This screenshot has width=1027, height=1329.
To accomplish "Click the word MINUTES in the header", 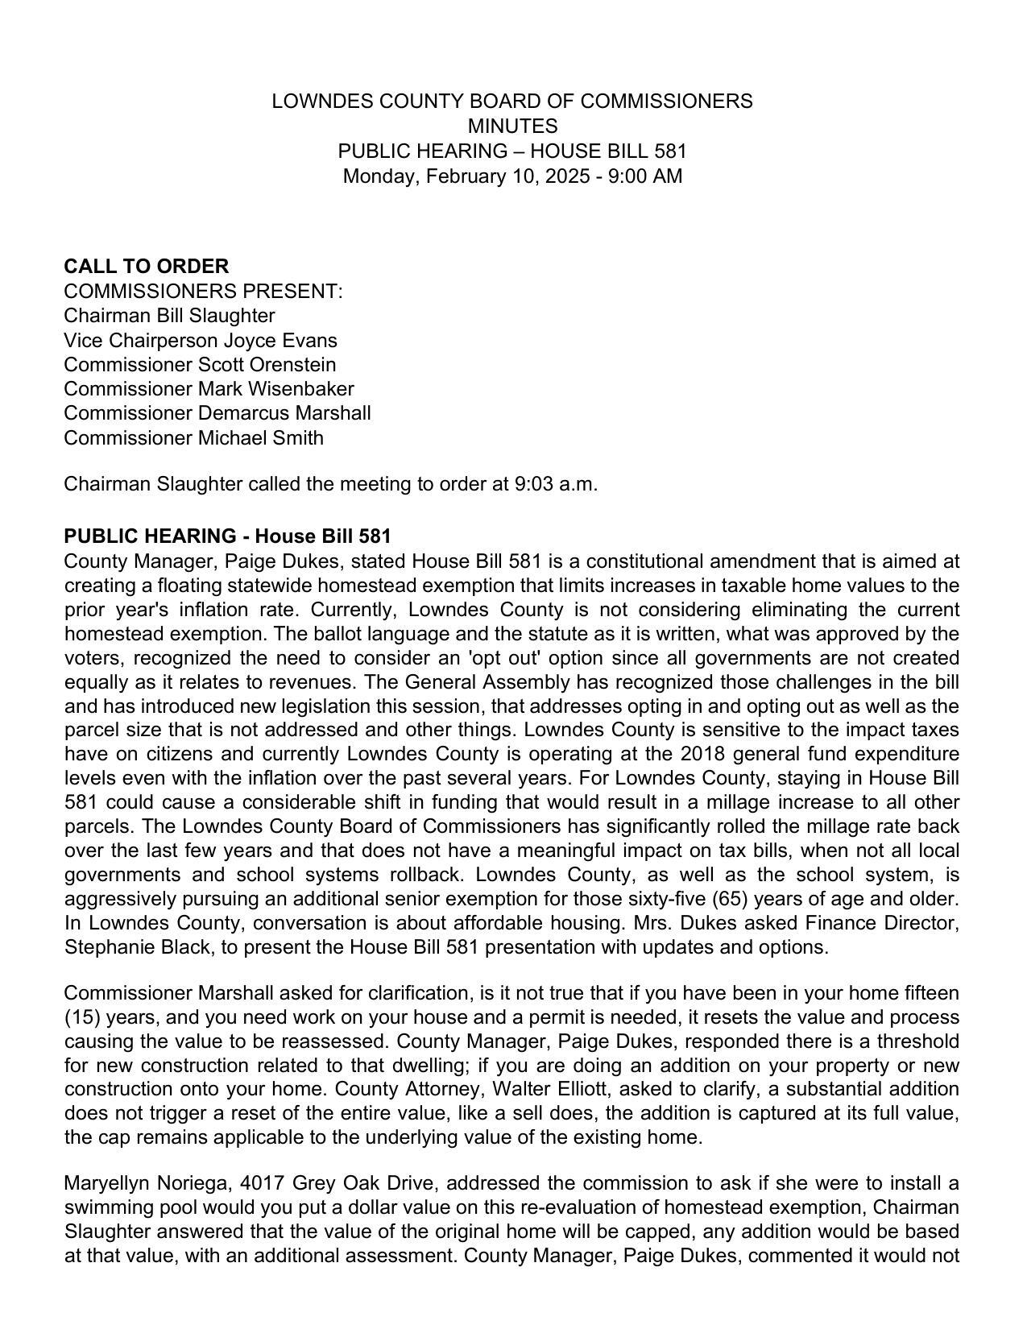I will (x=512, y=126).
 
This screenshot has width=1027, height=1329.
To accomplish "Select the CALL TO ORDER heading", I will (x=146, y=267).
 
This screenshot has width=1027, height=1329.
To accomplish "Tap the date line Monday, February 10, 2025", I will (x=512, y=176).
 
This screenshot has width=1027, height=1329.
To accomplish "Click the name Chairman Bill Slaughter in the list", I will (x=169, y=316).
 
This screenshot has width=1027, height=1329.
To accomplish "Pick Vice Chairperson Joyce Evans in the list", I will (x=201, y=341).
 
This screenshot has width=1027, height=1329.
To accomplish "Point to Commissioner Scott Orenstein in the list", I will (x=200, y=365).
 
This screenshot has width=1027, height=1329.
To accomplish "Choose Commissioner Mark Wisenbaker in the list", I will (x=209, y=389).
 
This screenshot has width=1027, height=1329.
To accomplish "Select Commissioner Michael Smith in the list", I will (x=193, y=438).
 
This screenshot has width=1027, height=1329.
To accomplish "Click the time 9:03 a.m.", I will (x=556, y=485).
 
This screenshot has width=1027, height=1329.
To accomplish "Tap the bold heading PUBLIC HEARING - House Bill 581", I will (x=227, y=536).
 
